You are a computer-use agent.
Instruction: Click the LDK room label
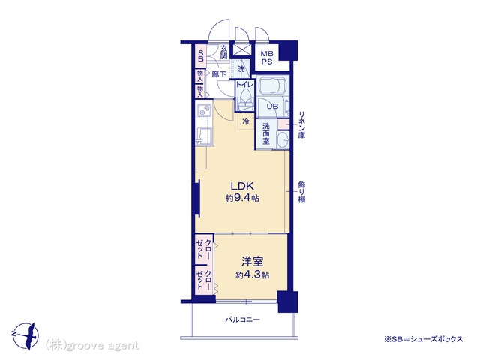(242, 186)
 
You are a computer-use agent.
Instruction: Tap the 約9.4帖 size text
(242, 198)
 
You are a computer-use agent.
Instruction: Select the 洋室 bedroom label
(253, 262)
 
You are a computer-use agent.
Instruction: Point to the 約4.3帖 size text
(253, 275)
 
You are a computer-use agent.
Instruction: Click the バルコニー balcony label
(243, 319)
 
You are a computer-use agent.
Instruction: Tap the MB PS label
(267, 58)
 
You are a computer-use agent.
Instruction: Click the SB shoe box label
(201, 55)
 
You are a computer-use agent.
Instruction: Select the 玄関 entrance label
(224, 52)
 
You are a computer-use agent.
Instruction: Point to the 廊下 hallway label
(219, 74)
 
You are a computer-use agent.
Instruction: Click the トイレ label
(244, 84)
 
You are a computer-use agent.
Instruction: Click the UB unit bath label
(272, 106)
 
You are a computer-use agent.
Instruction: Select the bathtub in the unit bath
(272, 85)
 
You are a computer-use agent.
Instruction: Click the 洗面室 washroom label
(266, 133)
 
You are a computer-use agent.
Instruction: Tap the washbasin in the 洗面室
(283, 140)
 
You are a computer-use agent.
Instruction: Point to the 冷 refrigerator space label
(246, 121)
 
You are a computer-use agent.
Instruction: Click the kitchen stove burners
(204, 110)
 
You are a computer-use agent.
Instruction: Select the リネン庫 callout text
(301, 124)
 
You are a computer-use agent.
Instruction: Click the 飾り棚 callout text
(301, 192)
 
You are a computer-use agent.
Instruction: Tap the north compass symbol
(27, 335)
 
